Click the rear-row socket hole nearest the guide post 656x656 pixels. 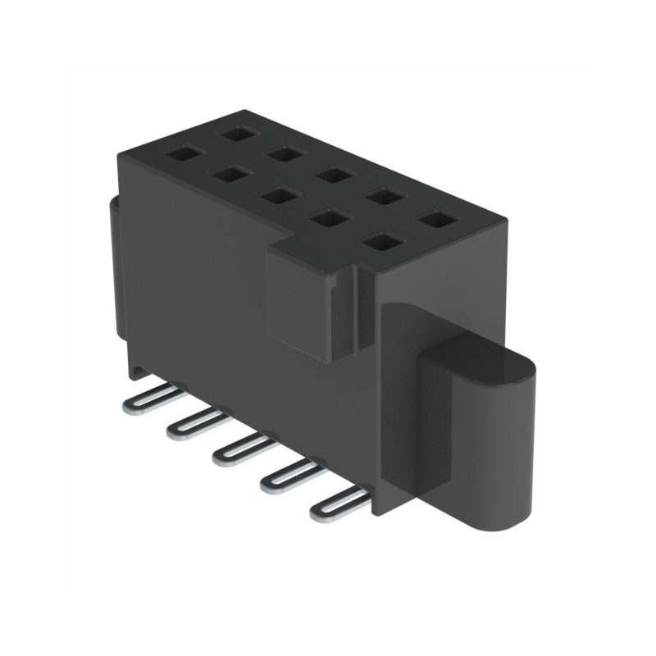pos(435,219)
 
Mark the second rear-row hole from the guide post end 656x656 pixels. pos(383,196)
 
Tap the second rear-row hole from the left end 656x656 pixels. pos(283,153)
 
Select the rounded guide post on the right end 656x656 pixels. pos(480,435)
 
